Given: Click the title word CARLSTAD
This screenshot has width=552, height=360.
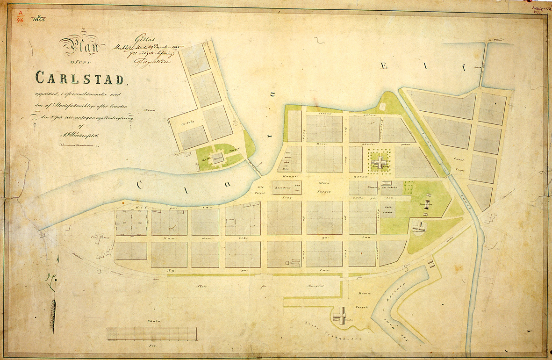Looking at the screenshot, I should (80, 78).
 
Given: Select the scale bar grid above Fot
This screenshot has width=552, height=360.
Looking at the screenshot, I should (151, 333).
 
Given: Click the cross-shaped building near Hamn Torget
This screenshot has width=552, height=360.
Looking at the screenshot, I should (343, 315).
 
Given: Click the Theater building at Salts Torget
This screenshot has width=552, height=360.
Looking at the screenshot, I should (217, 158).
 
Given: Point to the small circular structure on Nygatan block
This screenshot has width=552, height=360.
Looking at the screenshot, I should (287, 264).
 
